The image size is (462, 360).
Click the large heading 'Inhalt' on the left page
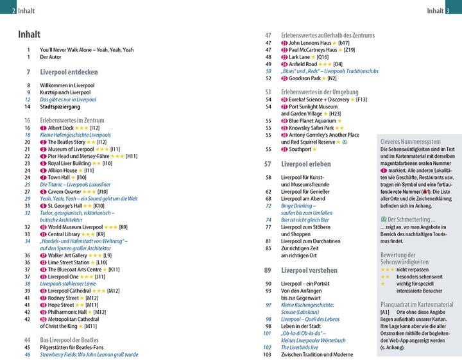coord(30,34)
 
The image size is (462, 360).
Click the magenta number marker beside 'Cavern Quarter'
coord(43,191)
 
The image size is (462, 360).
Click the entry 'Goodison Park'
coord(308,78)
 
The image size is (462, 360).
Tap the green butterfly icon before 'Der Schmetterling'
coord(382,219)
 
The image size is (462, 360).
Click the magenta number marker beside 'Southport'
coord(284,150)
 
